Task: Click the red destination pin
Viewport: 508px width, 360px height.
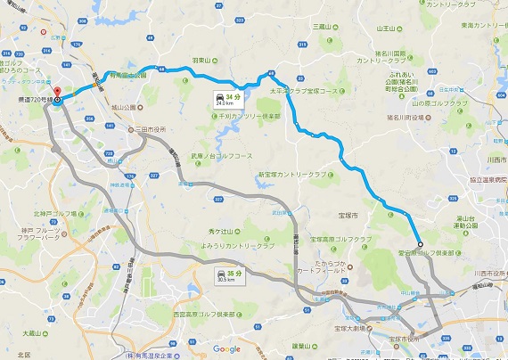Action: click(55, 93)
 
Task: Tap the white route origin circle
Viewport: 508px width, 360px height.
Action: click(419, 242)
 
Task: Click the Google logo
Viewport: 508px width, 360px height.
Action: click(226, 348)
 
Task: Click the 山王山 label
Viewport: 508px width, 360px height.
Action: click(386, 29)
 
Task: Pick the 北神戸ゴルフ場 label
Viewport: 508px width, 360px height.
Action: click(54, 213)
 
